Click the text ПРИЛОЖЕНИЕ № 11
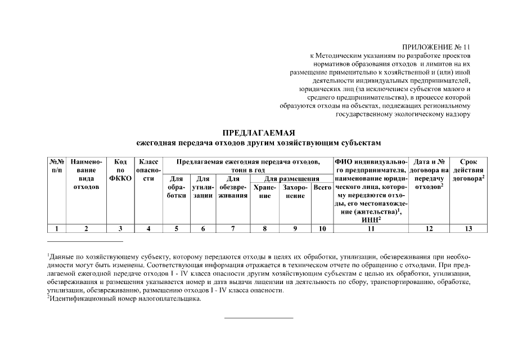(436, 47)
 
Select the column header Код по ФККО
(120, 170)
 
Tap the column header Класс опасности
(148, 170)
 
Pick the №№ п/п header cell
(57, 165)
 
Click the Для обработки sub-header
(176, 187)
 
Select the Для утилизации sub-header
(202, 187)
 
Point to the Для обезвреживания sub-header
(233, 187)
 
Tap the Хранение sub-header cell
(265, 191)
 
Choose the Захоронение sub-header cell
(295, 191)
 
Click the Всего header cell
(322, 187)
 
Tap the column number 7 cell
(233, 228)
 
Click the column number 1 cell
(57, 228)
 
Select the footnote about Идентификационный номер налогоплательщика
(124, 299)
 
